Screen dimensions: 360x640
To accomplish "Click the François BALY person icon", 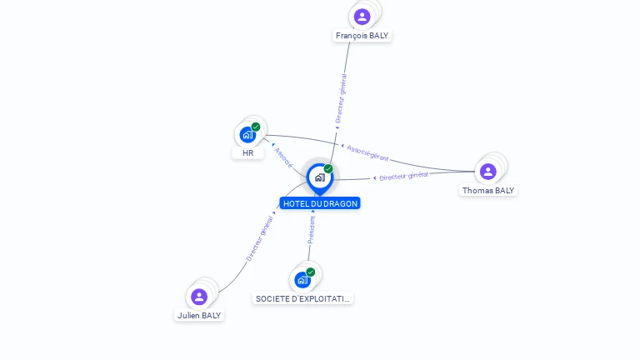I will coord(362,17).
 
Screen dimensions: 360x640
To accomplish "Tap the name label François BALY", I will coord(362,36).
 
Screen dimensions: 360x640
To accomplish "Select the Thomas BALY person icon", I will coord(488,172).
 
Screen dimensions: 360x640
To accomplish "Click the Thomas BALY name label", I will coord(488,190).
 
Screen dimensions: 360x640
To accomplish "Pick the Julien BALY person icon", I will coord(199,297).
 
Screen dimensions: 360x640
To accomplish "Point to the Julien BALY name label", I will coord(199,316).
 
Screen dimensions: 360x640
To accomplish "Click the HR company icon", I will coord(247,135).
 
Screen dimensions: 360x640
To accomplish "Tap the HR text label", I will coord(247,153).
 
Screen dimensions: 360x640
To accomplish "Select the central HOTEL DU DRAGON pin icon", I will coord(319,177).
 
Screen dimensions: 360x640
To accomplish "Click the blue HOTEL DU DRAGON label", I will coord(320,203).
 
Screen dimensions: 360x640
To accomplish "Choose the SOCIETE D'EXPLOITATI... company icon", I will coord(302,280).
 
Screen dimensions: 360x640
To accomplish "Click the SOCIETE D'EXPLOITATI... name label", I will coord(303,298).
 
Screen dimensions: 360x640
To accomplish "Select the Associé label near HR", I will coord(283,158).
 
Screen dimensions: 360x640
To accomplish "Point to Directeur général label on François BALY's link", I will coord(341,98).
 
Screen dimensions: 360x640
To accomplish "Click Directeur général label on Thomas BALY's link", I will coord(403,176).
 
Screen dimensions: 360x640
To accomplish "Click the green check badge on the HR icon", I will coord(256,127).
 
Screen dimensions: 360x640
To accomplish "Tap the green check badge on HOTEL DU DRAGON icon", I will coord(328,169).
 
